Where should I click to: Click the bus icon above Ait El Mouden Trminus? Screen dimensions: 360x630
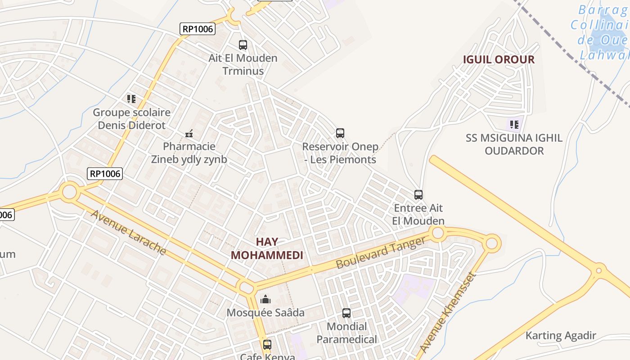click(x=243, y=45)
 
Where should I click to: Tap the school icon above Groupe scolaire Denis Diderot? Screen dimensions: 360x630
click(x=131, y=99)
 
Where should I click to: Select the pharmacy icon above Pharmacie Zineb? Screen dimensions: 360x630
click(x=189, y=133)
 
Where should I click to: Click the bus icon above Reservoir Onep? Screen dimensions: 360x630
click(x=340, y=133)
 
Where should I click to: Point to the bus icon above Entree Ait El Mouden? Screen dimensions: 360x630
click(x=418, y=195)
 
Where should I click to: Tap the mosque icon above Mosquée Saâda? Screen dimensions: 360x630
click(x=265, y=299)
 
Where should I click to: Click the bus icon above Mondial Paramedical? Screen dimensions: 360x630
click(x=346, y=313)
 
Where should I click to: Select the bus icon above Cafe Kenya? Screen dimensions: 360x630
click(x=267, y=345)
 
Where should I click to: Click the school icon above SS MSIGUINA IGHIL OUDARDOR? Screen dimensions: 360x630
click(x=514, y=124)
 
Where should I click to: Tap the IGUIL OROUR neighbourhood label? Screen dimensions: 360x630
click(x=499, y=59)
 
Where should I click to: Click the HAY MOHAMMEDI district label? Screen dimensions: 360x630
click(x=267, y=248)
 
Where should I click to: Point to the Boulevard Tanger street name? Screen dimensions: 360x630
click(x=380, y=253)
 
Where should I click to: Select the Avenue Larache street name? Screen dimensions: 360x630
click(x=129, y=232)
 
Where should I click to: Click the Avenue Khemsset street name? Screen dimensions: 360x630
click(x=447, y=313)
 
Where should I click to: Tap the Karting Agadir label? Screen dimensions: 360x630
click(x=561, y=335)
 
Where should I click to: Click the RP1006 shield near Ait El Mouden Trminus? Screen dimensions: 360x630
click(x=198, y=29)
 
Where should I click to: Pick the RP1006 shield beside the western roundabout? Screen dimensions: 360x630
click(x=105, y=173)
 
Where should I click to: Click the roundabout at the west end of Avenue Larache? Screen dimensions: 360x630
click(x=70, y=192)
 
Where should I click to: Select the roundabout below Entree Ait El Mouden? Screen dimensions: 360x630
click(x=437, y=233)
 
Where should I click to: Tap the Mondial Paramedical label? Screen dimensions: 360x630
click(x=346, y=333)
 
